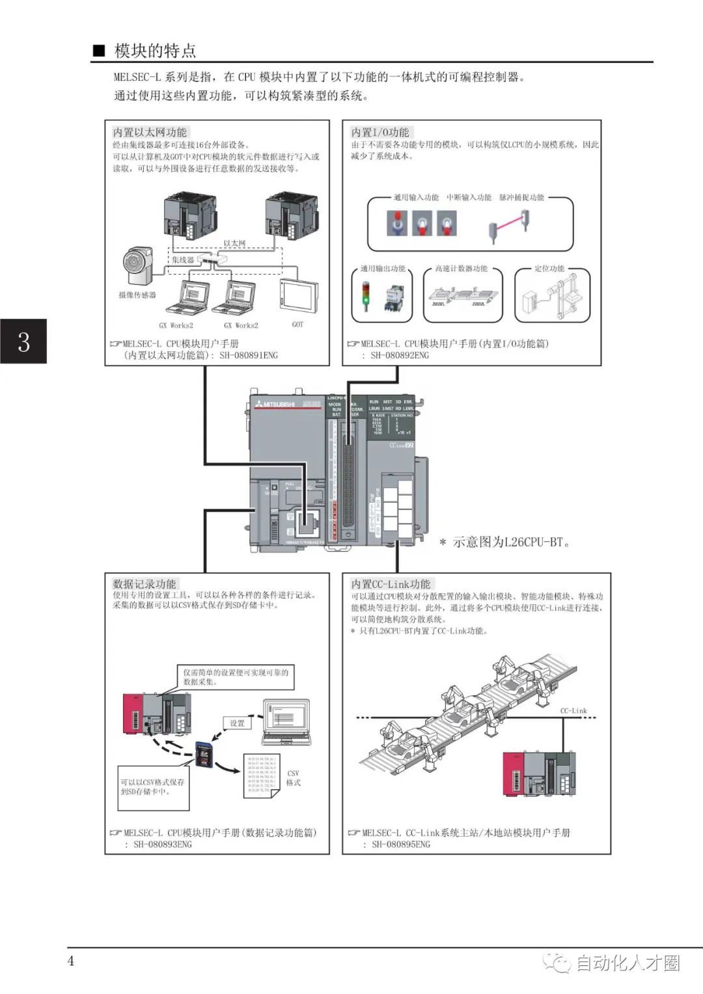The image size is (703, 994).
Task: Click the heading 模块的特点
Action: point(154,51)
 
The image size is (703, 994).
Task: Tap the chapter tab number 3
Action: point(23,341)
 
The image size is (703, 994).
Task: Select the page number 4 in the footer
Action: point(71,961)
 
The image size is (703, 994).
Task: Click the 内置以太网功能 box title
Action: point(150,132)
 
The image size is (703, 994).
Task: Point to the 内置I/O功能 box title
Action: point(380,132)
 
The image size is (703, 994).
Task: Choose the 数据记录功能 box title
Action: point(144,584)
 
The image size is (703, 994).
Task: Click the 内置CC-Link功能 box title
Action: point(391,584)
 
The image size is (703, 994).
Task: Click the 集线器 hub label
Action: point(183,260)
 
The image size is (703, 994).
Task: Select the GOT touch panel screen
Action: point(299,297)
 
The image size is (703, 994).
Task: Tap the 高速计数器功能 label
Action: point(461,268)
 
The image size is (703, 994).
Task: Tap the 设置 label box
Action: point(237,723)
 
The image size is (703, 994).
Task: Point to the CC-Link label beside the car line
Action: point(573,710)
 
